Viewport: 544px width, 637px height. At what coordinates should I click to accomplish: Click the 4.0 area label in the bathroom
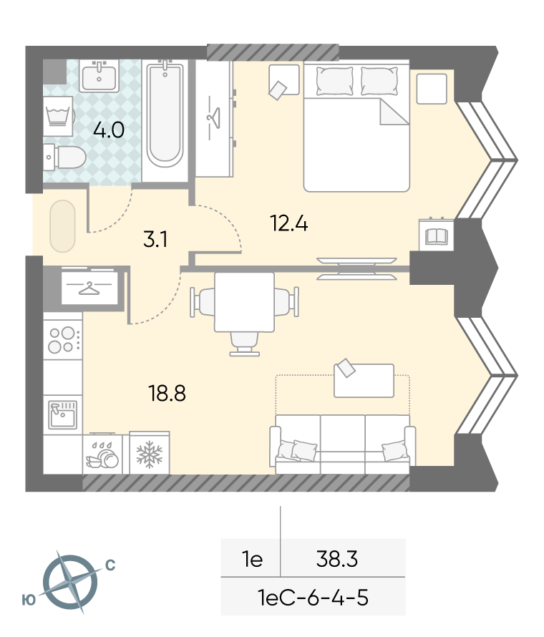pyautogui.click(x=109, y=130)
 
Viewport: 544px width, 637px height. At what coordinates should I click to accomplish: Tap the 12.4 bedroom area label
pyautogui.click(x=289, y=223)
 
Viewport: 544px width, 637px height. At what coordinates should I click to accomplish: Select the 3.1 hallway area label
pyautogui.click(x=155, y=239)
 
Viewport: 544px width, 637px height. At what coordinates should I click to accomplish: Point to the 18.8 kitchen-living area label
pyautogui.click(x=167, y=393)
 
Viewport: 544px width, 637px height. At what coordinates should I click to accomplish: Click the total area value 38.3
pyautogui.click(x=337, y=559)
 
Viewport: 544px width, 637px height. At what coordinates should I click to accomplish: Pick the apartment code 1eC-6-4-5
pyautogui.click(x=313, y=598)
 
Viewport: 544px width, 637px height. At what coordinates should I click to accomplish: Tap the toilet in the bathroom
pyautogui.click(x=65, y=157)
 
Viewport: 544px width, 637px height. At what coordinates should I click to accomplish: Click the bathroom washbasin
pyautogui.click(x=99, y=76)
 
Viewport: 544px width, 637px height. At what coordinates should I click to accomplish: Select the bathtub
pyautogui.click(x=165, y=115)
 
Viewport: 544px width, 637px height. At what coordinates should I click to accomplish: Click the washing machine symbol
pyautogui.click(x=59, y=116)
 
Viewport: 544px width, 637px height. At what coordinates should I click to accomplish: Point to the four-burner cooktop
pyautogui.click(x=63, y=340)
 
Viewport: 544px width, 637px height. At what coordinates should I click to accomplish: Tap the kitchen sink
pyautogui.click(x=62, y=414)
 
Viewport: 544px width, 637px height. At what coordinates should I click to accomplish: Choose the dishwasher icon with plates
pyautogui.click(x=102, y=454)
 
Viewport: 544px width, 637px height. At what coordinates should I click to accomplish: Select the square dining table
pyautogui.click(x=244, y=302)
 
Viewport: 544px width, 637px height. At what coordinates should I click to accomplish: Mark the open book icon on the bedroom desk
pyautogui.click(x=437, y=236)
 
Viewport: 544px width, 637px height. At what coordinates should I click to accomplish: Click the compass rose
pyautogui.click(x=70, y=583)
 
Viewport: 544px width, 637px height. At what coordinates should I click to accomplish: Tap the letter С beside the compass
pyautogui.click(x=110, y=565)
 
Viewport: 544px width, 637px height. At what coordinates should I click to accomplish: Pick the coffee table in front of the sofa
pyautogui.click(x=364, y=380)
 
